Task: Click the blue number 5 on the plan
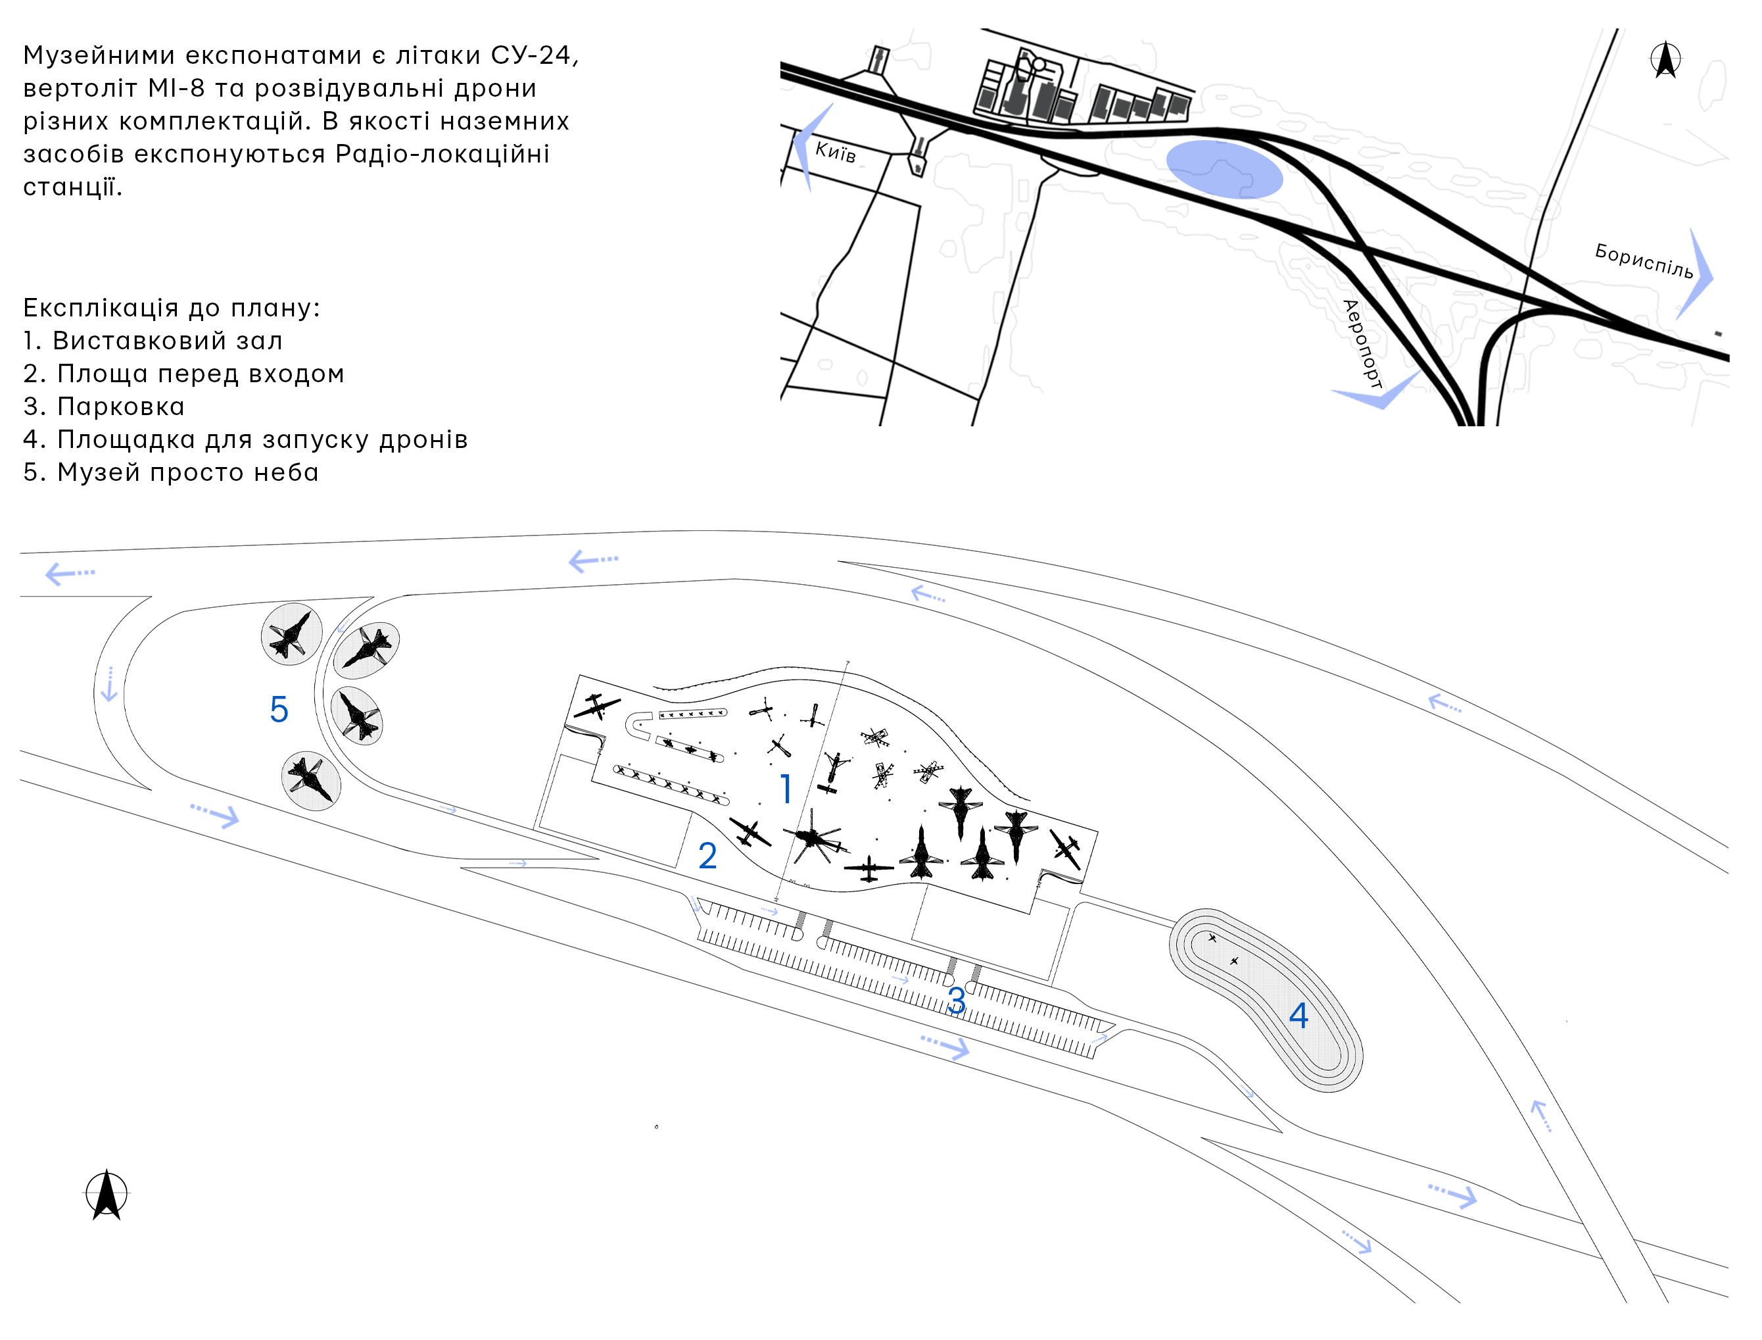click(278, 709)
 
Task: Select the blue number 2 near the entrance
click(707, 856)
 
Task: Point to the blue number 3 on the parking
click(957, 1001)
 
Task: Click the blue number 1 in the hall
click(786, 789)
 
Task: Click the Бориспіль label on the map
click(1644, 261)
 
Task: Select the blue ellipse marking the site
click(1225, 169)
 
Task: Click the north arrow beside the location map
click(1665, 60)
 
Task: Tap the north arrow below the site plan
click(107, 1194)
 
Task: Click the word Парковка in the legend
click(120, 407)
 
